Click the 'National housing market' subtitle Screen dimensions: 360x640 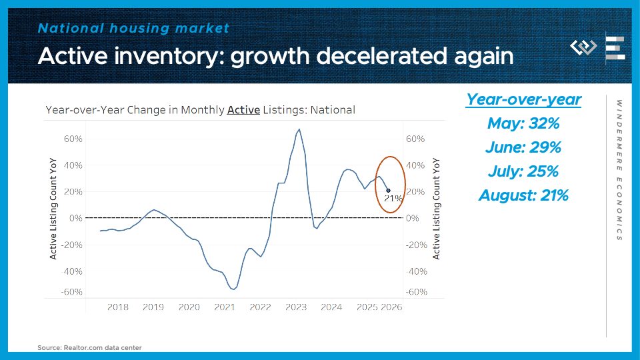133,28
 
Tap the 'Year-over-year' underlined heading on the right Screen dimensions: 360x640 523,99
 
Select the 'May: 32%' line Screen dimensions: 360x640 523,123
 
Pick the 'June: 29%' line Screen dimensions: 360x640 523,147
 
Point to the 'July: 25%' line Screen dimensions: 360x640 523,171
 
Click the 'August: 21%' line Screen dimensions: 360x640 523,195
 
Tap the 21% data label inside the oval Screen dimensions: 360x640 393,198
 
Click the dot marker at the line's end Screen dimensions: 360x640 388,191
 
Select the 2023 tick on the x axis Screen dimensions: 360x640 295,307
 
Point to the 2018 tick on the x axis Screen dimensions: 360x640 117,307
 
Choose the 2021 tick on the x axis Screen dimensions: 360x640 225,307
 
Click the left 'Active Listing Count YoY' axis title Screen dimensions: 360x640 53,209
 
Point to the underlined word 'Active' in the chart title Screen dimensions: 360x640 243,110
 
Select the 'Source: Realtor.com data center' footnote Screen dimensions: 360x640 89,347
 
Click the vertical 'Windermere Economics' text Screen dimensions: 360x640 619,170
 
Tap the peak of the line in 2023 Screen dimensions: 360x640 299,129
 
